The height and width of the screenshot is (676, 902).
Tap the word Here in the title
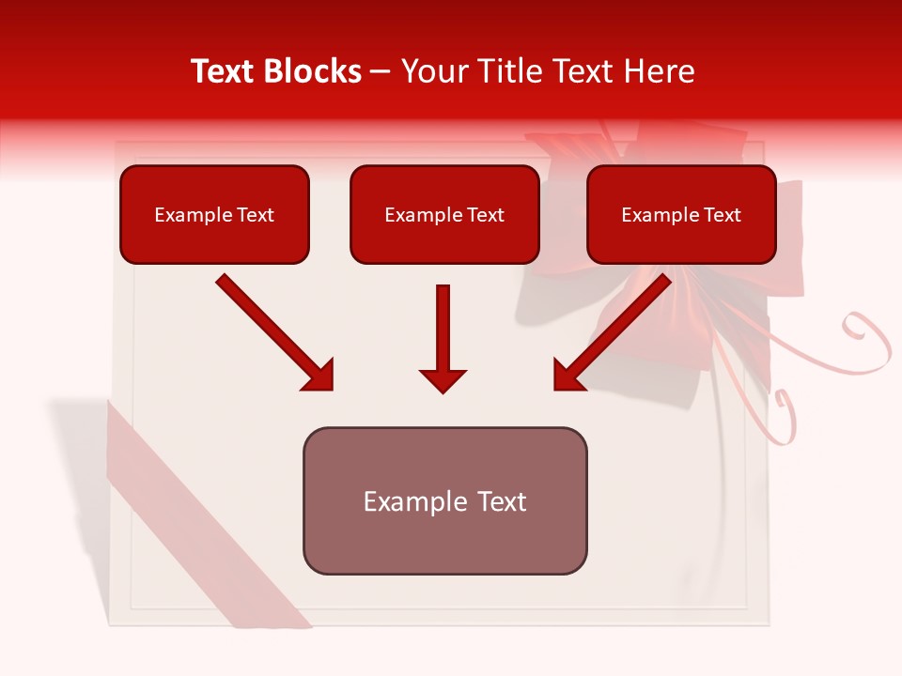pos(659,71)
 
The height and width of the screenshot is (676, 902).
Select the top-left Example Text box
pos(214,214)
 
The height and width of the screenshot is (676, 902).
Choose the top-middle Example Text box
pos(444,214)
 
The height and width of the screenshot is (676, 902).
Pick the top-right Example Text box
pos(681,214)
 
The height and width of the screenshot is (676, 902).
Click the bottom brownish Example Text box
pos(444,500)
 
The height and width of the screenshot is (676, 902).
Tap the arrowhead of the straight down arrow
pos(443,379)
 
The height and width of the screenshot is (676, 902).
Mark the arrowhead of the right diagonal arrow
pos(569,375)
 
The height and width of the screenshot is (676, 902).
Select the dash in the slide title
pos(381,72)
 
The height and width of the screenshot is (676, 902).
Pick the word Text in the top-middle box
pos(485,215)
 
